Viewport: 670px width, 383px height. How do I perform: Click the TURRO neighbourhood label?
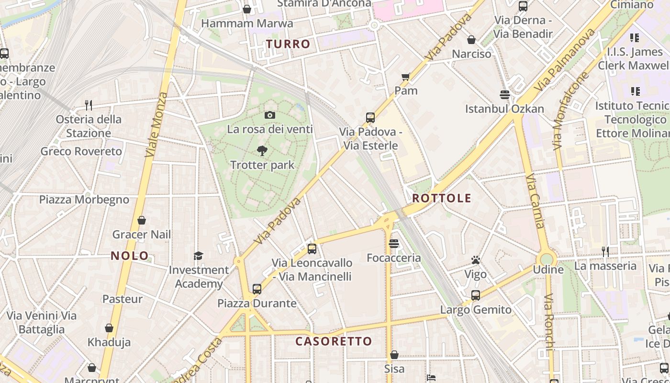tap(288, 44)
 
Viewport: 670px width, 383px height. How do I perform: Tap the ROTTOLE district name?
tap(442, 198)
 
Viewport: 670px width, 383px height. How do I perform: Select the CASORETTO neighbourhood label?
tap(334, 341)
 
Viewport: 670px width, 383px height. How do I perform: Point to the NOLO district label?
tap(130, 256)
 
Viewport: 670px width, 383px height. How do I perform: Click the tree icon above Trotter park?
tap(262, 151)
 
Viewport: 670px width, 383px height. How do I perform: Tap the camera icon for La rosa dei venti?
tap(270, 115)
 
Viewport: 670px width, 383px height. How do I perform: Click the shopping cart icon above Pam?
tap(406, 77)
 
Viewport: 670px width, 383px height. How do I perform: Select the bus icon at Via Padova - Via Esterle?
tap(370, 117)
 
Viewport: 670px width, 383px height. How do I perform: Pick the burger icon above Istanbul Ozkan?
tap(504, 94)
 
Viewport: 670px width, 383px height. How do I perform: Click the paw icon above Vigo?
tap(475, 260)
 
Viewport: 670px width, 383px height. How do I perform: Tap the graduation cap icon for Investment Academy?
tap(198, 256)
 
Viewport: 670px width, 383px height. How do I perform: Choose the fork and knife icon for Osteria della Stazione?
tap(88, 105)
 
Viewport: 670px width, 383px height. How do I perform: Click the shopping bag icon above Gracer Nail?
tap(142, 220)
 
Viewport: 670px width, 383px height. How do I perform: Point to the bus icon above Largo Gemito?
tap(475, 295)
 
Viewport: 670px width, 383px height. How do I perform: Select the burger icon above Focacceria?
tap(394, 244)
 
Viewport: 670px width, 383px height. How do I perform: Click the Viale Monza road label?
tap(156, 124)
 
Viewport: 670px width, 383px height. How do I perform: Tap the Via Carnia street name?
tap(535, 201)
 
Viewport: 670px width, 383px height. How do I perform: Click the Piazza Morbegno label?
tap(84, 200)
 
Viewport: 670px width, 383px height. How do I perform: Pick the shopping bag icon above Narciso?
tap(471, 40)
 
